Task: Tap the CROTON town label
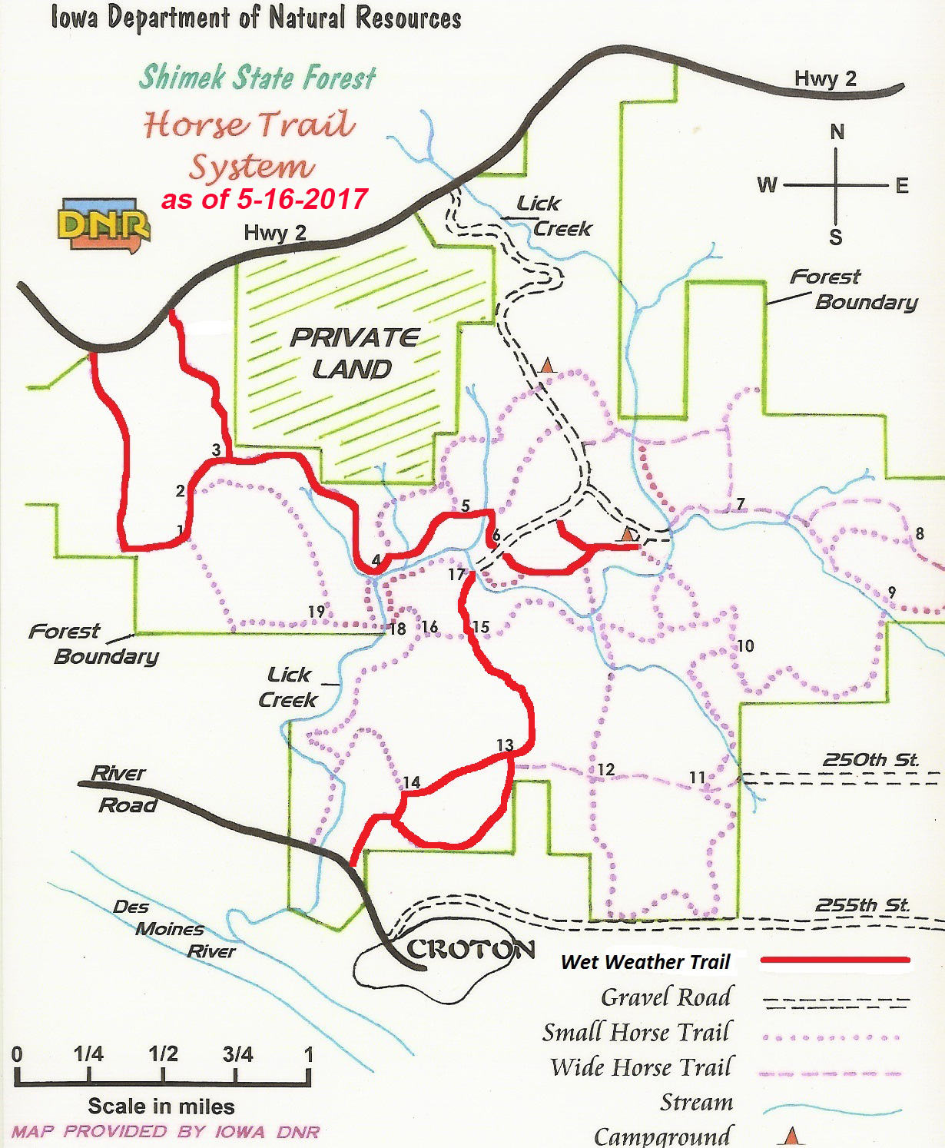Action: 470,950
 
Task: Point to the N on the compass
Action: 837,132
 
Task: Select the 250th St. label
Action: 870,760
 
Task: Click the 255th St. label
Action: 862,905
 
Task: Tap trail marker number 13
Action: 505,745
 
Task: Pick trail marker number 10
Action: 745,645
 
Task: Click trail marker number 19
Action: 317,612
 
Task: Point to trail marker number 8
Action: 919,533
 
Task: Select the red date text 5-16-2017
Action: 302,199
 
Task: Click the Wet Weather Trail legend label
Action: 645,961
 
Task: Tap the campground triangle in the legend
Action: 791,1136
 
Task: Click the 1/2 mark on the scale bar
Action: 163,1053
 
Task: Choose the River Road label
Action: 123,789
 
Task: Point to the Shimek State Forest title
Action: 257,77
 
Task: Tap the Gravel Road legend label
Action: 665,997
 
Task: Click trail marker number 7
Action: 740,504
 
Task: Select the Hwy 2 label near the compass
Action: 825,78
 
